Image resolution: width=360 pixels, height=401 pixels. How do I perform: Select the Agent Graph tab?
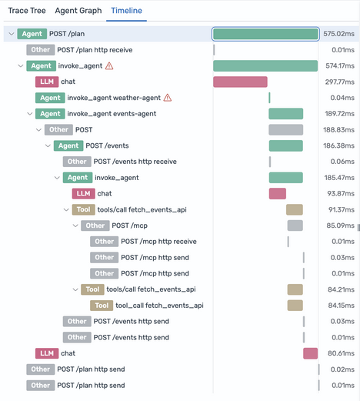tap(78, 12)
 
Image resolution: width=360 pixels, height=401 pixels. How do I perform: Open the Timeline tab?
tap(126, 12)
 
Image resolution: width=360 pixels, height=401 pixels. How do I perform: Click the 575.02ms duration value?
tap(338, 34)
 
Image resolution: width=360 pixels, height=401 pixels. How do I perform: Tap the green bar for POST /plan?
tap(265, 34)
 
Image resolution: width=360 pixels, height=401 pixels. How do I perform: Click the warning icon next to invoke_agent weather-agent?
tap(168, 98)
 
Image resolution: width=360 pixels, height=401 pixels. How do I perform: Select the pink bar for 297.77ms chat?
tap(240, 82)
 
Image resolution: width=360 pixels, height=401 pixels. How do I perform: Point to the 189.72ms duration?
tap(338, 114)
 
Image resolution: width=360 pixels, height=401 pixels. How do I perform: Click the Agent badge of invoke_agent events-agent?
tap(50, 114)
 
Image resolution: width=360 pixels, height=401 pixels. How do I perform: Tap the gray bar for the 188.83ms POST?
tap(285, 130)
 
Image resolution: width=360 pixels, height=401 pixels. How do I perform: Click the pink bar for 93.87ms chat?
tap(277, 194)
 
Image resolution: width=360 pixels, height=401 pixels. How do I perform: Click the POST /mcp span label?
tap(131, 226)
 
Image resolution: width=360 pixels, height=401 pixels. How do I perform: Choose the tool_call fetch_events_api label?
tap(159, 306)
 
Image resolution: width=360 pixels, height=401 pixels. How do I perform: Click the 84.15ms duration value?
tap(338, 306)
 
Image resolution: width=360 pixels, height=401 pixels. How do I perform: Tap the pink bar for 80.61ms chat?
tap(310, 353)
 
